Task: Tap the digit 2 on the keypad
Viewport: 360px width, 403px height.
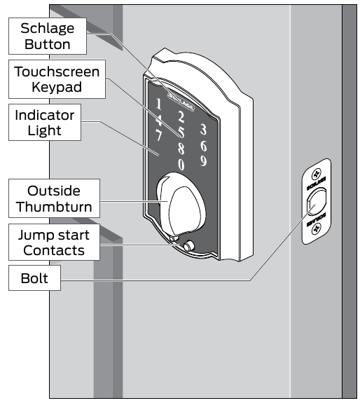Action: point(180,117)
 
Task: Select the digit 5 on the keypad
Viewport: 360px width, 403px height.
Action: point(181,132)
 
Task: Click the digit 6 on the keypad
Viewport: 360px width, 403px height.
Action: point(202,145)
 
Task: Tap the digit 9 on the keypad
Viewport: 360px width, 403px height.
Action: point(202,161)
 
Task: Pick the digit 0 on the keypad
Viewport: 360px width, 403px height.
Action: point(181,165)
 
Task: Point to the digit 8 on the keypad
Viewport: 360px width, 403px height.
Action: point(181,148)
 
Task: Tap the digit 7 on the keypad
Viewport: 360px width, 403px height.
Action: point(160,134)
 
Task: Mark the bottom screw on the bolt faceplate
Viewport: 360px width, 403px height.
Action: point(315,233)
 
